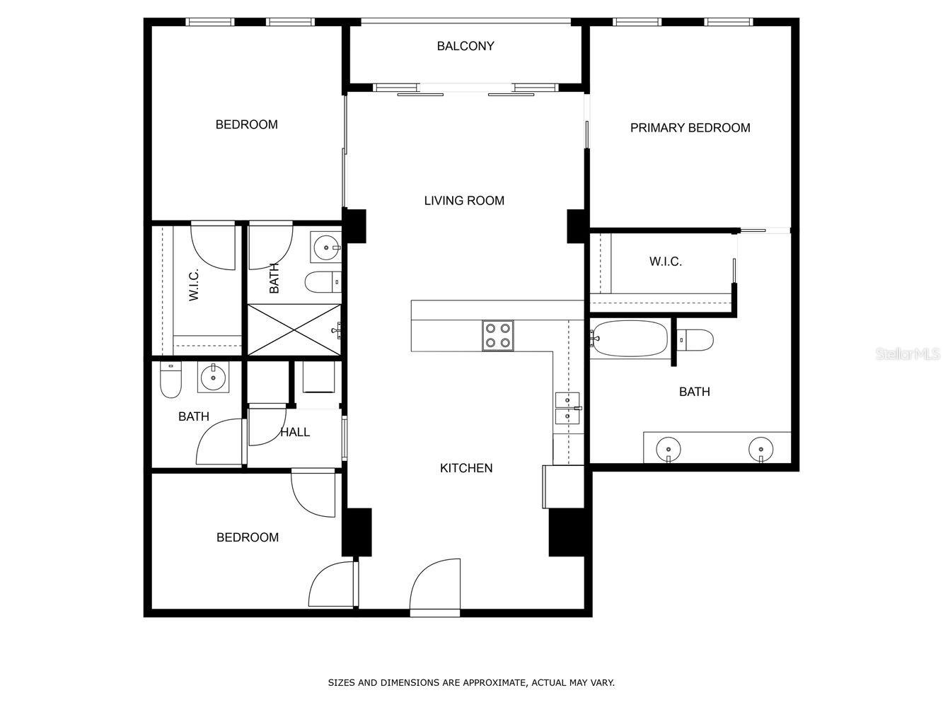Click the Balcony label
pyautogui.click(x=465, y=46)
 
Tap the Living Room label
pyautogui.click(x=464, y=201)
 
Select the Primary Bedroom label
pyautogui.click(x=690, y=128)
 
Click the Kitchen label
pyautogui.click(x=466, y=468)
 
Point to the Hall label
pyautogui.click(x=295, y=432)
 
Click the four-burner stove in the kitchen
pyautogui.click(x=497, y=336)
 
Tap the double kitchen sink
pyautogui.click(x=567, y=408)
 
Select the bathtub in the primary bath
pyautogui.click(x=630, y=338)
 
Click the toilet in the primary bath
pyautogui.click(x=695, y=340)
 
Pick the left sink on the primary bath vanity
pyautogui.click(x=669, y=450)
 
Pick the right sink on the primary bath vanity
pyautogui.click(x=761, y=450)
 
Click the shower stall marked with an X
pyautogui.click(x=294, y=329)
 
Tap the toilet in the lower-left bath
pyautogui.click(x=170, y=380)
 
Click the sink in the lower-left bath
pyautogui.click(x=213, y=377)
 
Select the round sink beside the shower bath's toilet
pyautogui.click(x=326, y=247)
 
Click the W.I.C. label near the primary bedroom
pyautogui.click(x=666, y=262)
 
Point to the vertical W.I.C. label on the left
pyautogui.click(x=194, y=285)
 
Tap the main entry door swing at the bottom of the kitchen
pyautogui.click(x=435, y=584)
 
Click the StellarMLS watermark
pyautogui.click(x=908, y=354)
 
